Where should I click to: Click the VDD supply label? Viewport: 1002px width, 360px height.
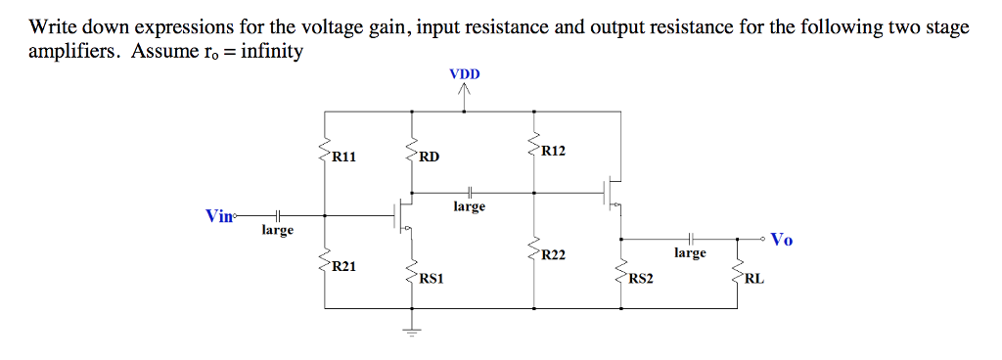[464, 73]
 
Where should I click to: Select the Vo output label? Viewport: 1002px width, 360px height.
[782, 239]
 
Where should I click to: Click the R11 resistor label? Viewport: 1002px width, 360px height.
[346, 156]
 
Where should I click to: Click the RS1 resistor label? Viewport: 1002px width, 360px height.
[432, 279]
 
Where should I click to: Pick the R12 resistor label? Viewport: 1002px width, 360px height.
[553, 152]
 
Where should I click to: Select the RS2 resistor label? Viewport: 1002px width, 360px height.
[642, 279]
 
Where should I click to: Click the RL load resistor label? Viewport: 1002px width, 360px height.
[755, 279]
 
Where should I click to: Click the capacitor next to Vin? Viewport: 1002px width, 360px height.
[278, 215]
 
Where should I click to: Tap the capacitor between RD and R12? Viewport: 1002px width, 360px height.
[470, 191]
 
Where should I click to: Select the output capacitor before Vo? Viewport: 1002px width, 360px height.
[690, 238]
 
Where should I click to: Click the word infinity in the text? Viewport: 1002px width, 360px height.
[265, 51]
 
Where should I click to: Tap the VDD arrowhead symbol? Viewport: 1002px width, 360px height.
[464, 91]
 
